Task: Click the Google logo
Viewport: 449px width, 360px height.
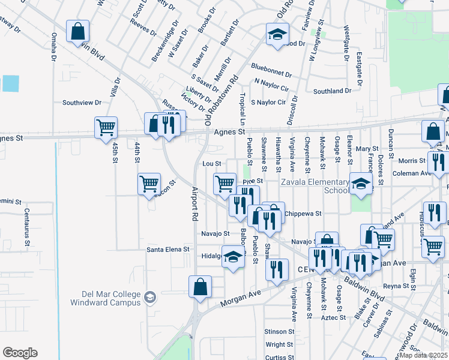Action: click(x=20, y=353)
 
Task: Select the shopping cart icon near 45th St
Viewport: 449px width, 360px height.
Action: click(x=105, y=127)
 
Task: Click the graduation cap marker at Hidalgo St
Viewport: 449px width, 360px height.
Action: click(x=233, y=256)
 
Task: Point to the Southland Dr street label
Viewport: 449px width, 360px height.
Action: click(x=332, y=91)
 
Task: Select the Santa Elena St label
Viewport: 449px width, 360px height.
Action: click(x=168, y=249)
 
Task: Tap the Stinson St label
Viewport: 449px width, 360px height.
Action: click(x=279, y=331)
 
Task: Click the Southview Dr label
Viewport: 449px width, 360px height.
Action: click(x=82, y=103)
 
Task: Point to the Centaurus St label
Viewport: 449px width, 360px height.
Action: click(x=27, y=219)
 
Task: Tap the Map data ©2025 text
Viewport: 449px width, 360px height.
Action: click(x=424, y=355)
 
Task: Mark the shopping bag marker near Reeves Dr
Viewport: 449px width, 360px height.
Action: click(x=77, y=31)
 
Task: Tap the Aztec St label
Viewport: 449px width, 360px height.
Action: click(x=332, y=317)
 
